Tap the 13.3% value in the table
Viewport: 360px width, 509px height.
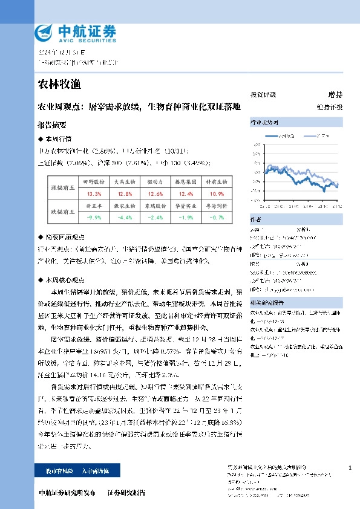click(x=94, y=194)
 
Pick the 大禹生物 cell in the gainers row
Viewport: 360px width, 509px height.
click(x=125, y=181)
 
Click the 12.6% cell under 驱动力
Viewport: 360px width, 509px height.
click(x=155, y=194)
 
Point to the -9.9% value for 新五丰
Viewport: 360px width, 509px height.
click(x=94, y=218)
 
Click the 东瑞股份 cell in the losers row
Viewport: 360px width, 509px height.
click(x=155, y=206)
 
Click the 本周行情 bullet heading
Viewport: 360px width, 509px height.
click(x=55, y=138)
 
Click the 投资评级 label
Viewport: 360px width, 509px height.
click(x=263, y=94)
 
